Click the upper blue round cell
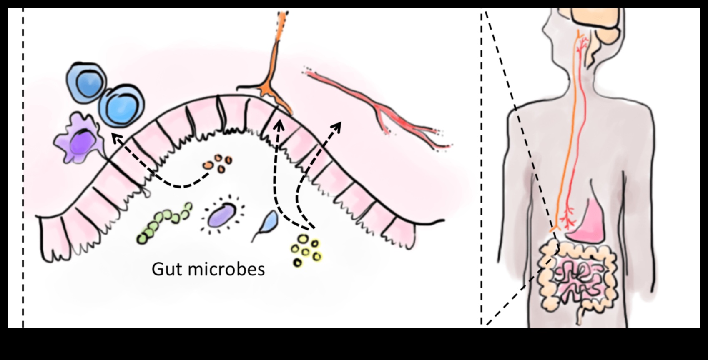pyautogui.click(x=85, y=81)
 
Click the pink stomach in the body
pyautogui.click(x=588, y=221)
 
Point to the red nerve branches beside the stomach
pyautogui.click(x=567, y=217)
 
